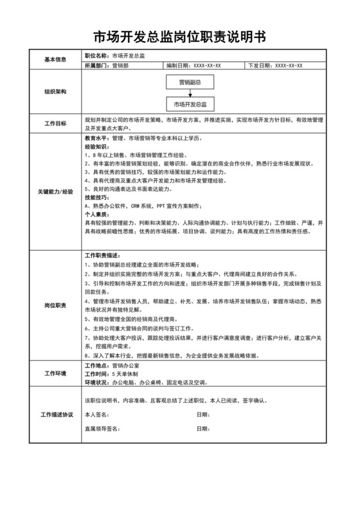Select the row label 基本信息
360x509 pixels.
coord(55,60)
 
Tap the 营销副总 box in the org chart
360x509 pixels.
coord(190,83)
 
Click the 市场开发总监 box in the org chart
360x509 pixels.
coord(190,103)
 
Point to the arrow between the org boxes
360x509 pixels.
coord(190,93)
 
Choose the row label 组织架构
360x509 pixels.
coord(55,92)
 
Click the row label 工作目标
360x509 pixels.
coord(55,123)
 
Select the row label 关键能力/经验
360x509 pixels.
coord(55,192)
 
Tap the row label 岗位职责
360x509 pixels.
coord(55,306)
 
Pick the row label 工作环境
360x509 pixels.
coord(55,374)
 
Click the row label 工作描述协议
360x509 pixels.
coord(55,415)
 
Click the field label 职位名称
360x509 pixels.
coord(97,55)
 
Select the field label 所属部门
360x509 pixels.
coord(97,66)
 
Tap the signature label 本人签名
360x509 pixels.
coord(98,415)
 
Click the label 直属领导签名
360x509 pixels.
coord(103,428)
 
